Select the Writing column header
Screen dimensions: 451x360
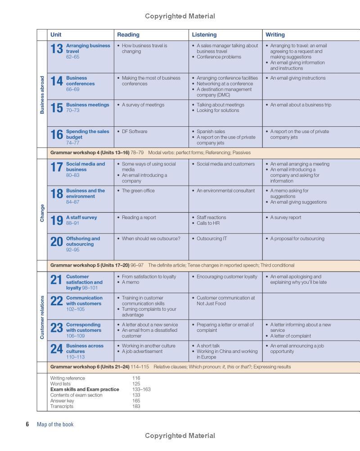(x=275, y=35)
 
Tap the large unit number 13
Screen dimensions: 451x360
(x=57, y=49)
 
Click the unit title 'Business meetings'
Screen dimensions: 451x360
(x=87, y=105)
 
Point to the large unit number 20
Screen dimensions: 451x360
(x=57, y=242)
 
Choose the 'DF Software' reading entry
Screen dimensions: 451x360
(x=134, y=132)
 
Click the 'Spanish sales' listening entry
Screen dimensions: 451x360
(x=211, y=132)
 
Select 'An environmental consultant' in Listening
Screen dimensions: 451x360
(x=225, y=191)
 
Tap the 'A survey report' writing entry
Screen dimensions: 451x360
(x=286, y=218)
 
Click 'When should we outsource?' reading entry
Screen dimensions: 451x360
(x=151, y=239)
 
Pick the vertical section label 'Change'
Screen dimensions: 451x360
(x=42, y=213)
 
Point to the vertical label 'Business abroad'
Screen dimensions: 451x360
(x=42, y=94)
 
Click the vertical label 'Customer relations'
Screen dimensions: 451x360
(x=42, y=317)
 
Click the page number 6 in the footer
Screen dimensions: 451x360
(x=27, y=424)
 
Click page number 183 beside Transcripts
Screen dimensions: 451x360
(x=136, y=406)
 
